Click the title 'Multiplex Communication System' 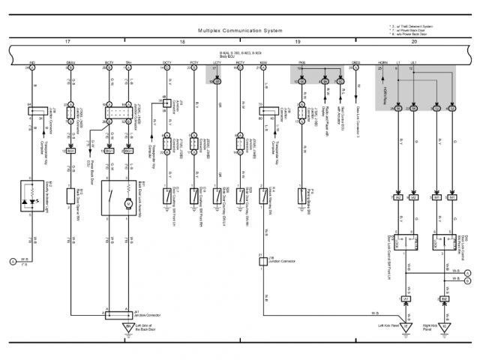pos(240,31)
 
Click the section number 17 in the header pos(67,41)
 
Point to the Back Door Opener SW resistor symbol pos(71,196)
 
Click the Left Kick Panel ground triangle pos(406,327)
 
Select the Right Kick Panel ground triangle pos(445,327)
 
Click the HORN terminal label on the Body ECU pos(382,63)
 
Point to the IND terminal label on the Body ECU pos(31,63)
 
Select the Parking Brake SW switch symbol pos(301,196)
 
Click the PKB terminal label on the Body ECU pos(301,63)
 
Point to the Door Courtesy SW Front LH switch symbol pos(166,196)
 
